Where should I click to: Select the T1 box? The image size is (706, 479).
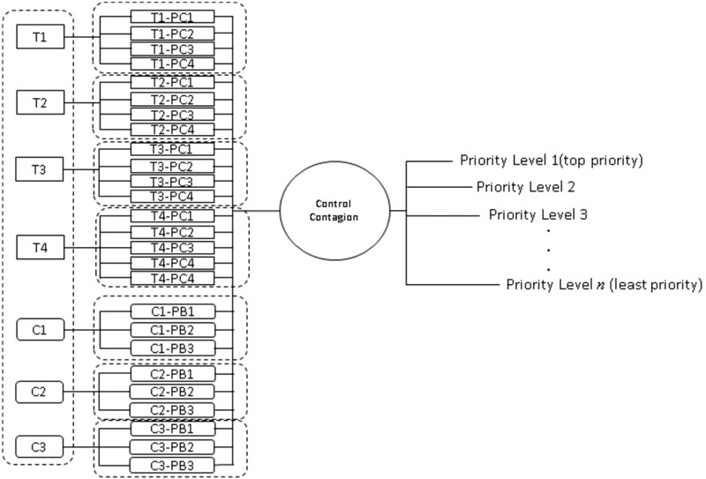click(x=40, y=38)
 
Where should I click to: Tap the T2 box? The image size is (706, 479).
click(x=40, y=102)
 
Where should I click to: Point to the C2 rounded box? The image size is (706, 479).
click(x=40, y=390)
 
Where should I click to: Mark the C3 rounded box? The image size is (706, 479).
click(x=40, y=446)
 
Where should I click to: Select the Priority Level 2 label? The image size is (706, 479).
click(x=526, y=187)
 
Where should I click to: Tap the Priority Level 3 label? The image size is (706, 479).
click(x=538, y=213)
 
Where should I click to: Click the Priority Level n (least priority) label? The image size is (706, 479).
click(x=604, y=284)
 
